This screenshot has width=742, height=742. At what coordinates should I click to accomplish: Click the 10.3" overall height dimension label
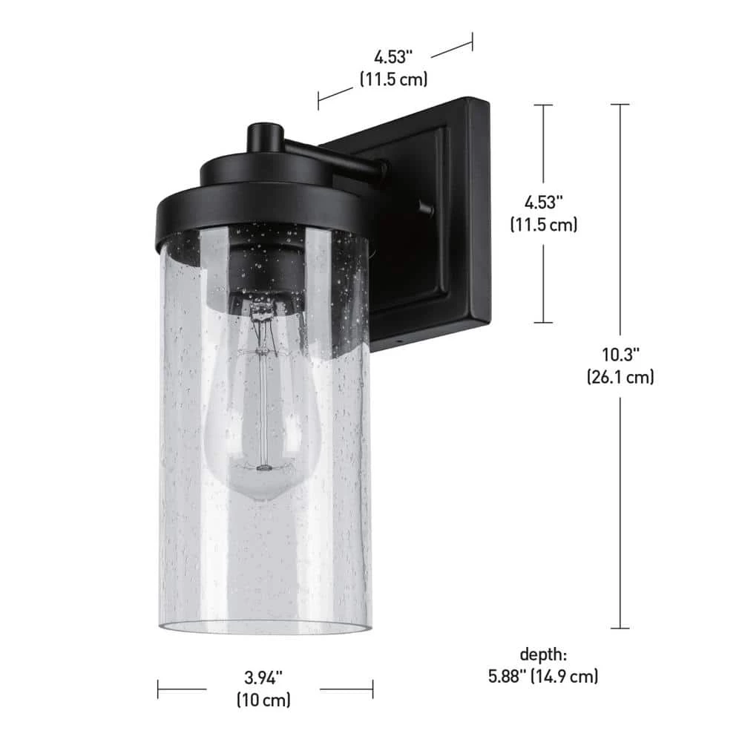(x=620, y=355)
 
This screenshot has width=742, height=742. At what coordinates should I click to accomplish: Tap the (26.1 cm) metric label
(x=620, y=377)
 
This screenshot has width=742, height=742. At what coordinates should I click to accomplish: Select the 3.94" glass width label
(x=263, y=677)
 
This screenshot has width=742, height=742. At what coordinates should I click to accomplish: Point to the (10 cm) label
(x=263, y=700)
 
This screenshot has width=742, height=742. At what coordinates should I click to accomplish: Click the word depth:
(x=543, y=654)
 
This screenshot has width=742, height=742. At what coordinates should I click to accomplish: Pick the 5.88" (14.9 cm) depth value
(x=543, y=676)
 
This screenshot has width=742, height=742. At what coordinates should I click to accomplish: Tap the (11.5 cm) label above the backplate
(x=394, y=79)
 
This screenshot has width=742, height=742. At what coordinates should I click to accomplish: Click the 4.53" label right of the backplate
(x=543, y=203)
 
